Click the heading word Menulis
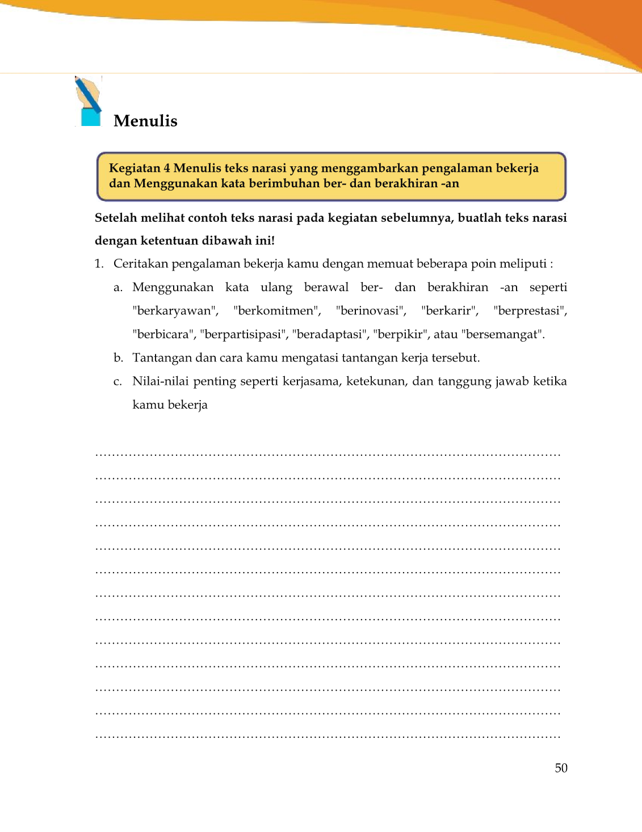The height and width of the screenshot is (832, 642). [145, 121]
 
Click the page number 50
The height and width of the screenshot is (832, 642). [561, 768]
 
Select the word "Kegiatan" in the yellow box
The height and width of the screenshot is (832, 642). [135, 168]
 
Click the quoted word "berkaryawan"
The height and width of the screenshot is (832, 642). [175, 311]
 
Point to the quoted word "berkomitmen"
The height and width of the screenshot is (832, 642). [277, 311]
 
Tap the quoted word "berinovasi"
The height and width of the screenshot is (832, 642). [371, 311]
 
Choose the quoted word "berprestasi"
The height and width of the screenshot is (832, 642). [530, 311]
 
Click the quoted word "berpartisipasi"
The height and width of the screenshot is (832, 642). [243, 334]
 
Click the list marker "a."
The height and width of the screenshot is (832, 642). [118, 288]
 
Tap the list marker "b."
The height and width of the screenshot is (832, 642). [118, 358]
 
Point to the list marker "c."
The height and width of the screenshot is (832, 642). [118, 381]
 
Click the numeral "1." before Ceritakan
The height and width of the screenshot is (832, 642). [99, 264]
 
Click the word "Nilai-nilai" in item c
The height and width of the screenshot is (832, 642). [160, 381]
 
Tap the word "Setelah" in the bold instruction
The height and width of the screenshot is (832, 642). [115, 218]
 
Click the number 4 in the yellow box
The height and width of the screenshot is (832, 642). [167, 168]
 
